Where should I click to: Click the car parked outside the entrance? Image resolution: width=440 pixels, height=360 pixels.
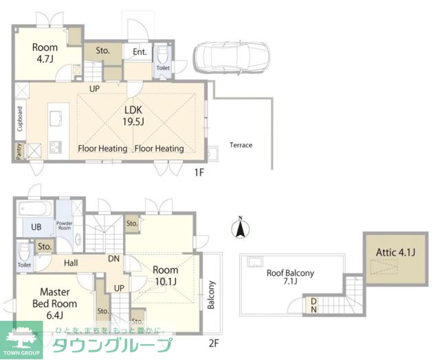[x=232, y=58]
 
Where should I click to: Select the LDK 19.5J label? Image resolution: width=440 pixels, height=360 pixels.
[x=133, y=115]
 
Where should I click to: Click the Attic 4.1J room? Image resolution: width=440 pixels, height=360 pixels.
[x=396, y=259]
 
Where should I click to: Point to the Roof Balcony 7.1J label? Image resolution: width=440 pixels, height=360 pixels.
[x=290, y=277]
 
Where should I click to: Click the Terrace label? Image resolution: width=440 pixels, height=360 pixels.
[x=241, y=145]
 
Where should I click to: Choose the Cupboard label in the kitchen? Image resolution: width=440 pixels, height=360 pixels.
[x=20, y=119]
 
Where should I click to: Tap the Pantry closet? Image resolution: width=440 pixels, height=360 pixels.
[x=19, y=151]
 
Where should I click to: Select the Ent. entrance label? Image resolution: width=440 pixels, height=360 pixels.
[x=140, y=52]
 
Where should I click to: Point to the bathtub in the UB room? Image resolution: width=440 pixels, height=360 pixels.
[x=35, y=208]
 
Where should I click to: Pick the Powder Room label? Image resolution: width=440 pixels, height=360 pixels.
[x=64, y=226]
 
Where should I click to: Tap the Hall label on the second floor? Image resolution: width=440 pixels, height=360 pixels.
[x=71, y=263]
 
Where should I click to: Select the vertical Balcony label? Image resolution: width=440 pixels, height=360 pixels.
[x=211, y=295]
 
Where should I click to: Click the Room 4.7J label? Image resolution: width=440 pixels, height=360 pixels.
[x=45, y=53]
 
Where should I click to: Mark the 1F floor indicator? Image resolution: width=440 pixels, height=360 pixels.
[x=199, y=172]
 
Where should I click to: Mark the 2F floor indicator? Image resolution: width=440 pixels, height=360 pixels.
[x=214, y=344]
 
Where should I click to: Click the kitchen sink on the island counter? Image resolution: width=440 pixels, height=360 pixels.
[x=56, y=118]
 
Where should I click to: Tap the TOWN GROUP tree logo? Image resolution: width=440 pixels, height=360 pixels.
[x=21, y=340]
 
